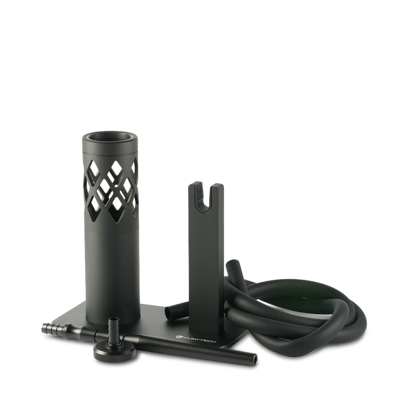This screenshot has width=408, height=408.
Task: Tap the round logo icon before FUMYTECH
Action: pos(178,336)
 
